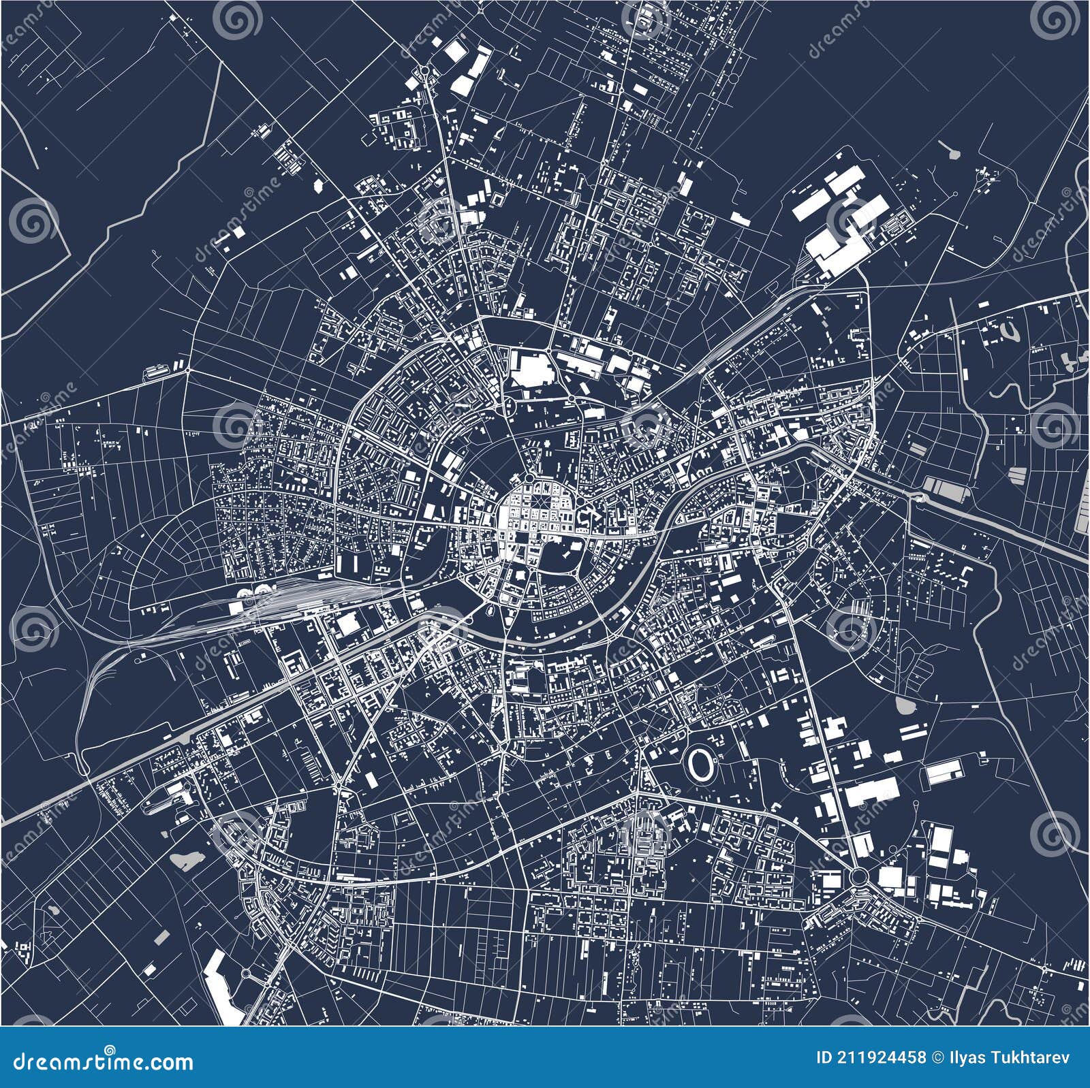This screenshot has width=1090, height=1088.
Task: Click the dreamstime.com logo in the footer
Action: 98,1061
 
